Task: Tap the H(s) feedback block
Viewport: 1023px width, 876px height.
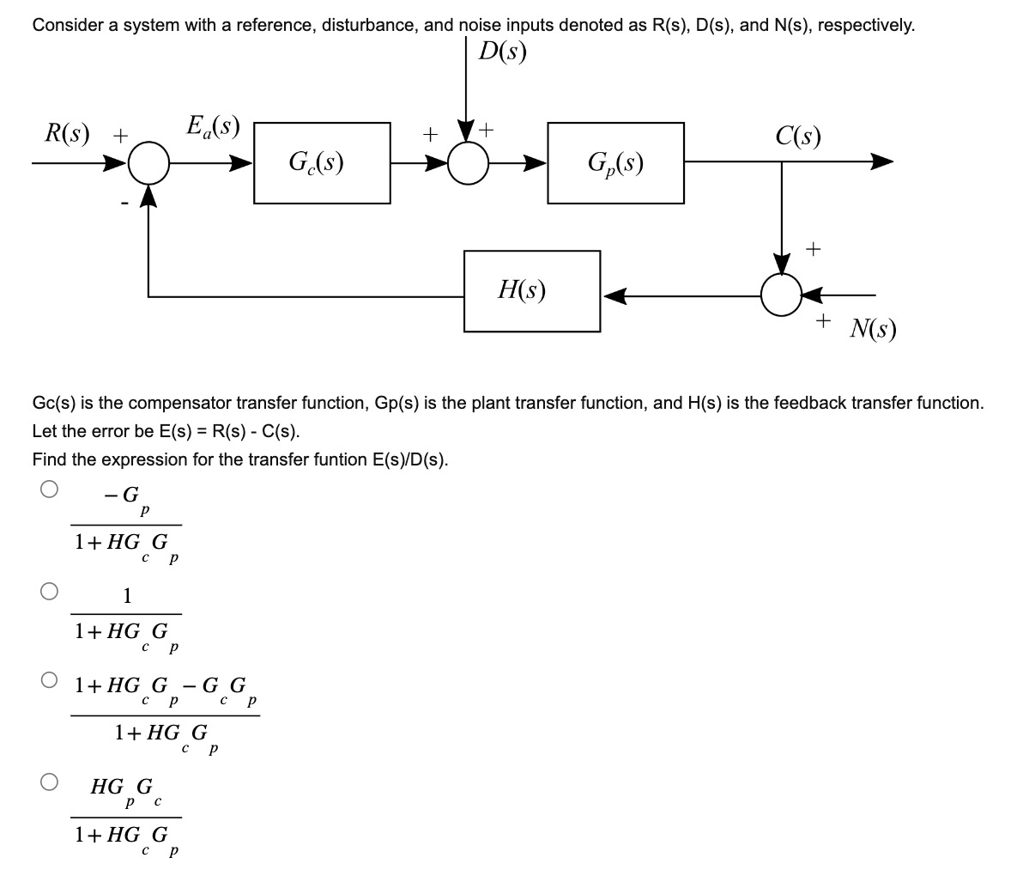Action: coord(531,290)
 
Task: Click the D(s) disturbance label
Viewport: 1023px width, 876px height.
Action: coord(502,52)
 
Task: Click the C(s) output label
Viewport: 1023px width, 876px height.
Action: coord(797,136)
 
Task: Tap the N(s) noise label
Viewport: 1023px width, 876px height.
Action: coord(873,328)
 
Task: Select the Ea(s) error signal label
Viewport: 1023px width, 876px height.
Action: coord(212,127)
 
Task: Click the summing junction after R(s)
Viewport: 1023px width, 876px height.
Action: coord(150,163)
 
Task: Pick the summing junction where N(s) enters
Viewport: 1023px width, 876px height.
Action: coord(781,295)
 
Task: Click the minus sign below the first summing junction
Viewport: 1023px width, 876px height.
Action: coord(125,204)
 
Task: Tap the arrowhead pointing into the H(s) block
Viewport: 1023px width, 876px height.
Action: coord(613,296)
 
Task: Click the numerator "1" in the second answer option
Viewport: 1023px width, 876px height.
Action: coord(127,594)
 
